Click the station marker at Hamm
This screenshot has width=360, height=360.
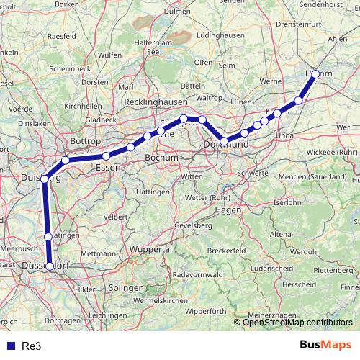point(315,74)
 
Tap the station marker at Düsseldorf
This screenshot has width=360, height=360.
point(50,266)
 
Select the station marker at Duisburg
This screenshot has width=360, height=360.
point(45,179)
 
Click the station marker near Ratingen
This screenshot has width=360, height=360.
point(48,236)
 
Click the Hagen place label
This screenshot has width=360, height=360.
point(228,210)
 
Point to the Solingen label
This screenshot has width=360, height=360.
point(127,287)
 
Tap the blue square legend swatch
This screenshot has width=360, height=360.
point(11,346)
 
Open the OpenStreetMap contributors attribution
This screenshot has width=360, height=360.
point(297,322)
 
